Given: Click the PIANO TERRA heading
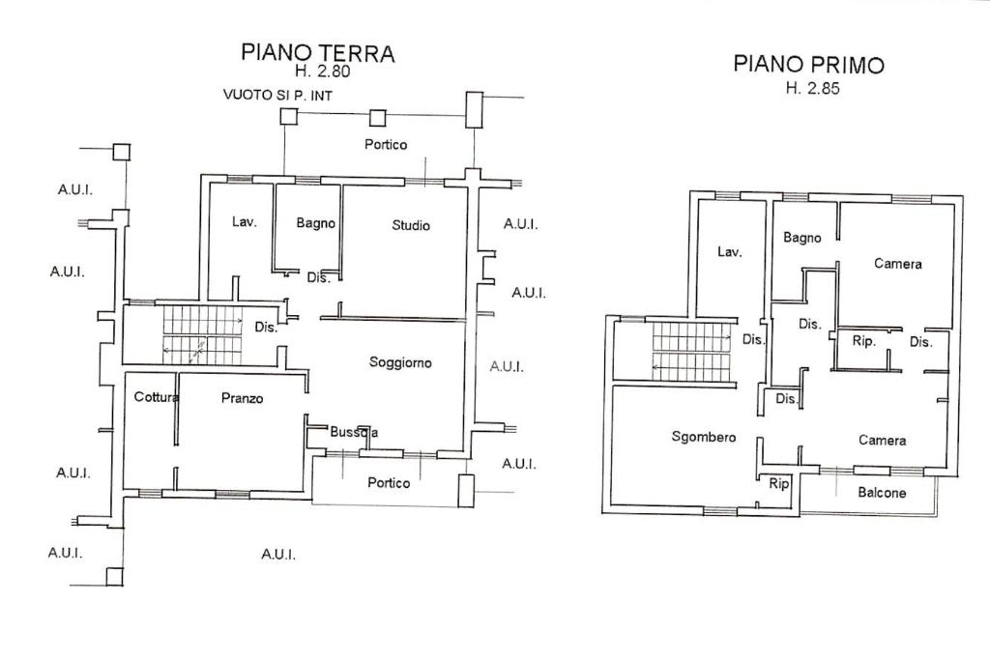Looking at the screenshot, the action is (x=317, y=52).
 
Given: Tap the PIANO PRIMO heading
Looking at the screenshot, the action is (x=808, y=65).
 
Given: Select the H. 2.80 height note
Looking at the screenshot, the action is (x=321, y=71).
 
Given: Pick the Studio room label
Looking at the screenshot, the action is (x=411, y=225).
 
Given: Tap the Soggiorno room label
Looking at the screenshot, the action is (x=400, y=362).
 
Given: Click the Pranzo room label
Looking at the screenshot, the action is (x=242, y=397).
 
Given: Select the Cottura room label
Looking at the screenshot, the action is (x=156, y=396).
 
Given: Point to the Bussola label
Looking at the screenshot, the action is (x=353, y=432).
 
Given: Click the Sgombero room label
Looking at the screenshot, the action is (x=703, y=437).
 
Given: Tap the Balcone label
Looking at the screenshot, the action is (x=882, y=492).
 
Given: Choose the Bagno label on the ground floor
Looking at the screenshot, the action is (x=316, y=223).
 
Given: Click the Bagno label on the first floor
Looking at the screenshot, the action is (x=802, y=238).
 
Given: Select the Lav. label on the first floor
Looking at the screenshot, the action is (x=730, y=251).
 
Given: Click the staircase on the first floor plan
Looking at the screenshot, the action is (x=690, y=351).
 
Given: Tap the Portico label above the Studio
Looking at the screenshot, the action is (x=386, y=144).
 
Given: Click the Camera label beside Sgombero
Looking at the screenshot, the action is (x=882, y=440).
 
